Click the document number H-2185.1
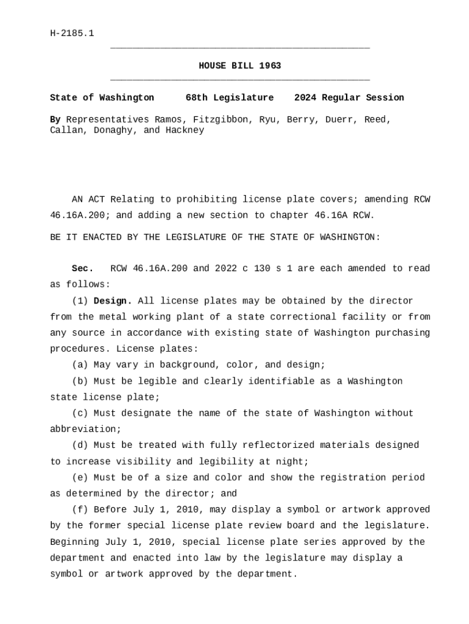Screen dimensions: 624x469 [72, 34]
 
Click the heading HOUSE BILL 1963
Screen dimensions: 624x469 [240, 66]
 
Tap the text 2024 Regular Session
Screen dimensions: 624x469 [349, 97]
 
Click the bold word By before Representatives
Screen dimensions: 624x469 [55, 119]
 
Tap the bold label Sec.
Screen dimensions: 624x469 [82, 269]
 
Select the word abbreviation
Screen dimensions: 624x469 [85, 430]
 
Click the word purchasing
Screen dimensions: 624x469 [403, 333]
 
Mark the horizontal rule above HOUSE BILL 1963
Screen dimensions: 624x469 [240, 48]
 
